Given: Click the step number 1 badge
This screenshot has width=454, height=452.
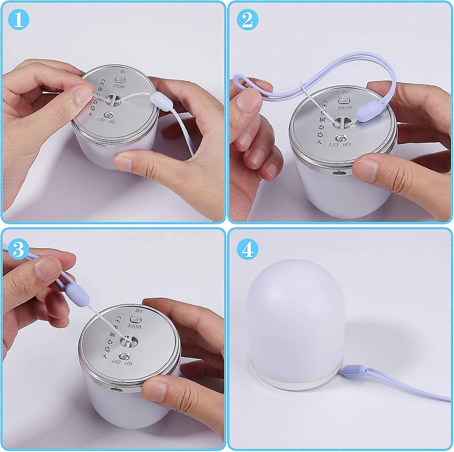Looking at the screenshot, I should coord(18,20).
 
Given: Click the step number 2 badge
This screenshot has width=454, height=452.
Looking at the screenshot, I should coord(248,20).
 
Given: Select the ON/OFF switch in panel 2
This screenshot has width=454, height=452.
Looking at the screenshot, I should coord(340,138).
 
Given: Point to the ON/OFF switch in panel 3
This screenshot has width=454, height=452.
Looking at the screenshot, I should coord(123,356).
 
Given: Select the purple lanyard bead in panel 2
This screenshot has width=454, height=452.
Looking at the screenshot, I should coord(364,114).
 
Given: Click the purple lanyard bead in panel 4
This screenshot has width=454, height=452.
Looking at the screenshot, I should coord(352,371).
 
